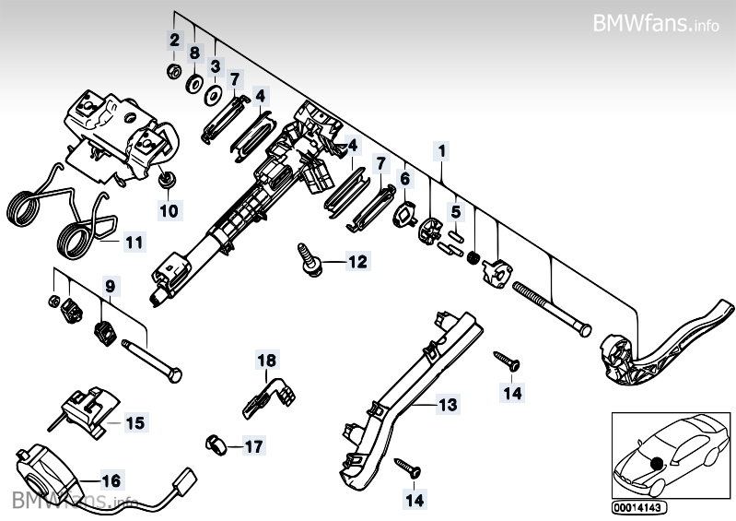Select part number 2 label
coord(173,40)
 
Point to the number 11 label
coord(134,243)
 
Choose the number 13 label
coord(447,404)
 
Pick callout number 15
coord(135,423)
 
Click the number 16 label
coord(111,480)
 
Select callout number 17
coord(253,447)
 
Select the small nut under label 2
coord(173,71)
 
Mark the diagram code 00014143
coord(638,507)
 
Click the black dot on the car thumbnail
coord(657,462)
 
